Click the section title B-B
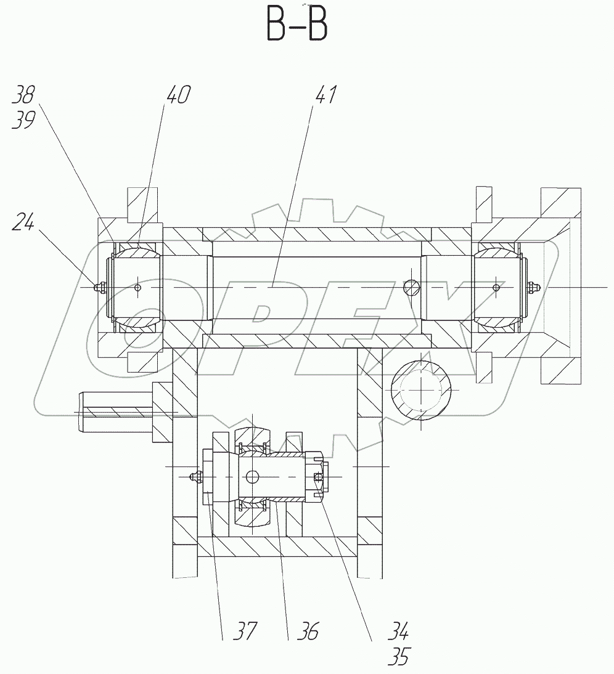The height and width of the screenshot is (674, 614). point(297,26)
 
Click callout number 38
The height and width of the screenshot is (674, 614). point(23,94)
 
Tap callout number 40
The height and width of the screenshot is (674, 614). point(178,94)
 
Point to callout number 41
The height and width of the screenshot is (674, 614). point(326,94)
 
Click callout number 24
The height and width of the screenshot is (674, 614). point(23,222)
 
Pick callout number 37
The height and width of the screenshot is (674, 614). point(245,631)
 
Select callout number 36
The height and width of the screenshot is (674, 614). point(308,631)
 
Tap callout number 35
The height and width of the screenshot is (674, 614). point(398,656)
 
